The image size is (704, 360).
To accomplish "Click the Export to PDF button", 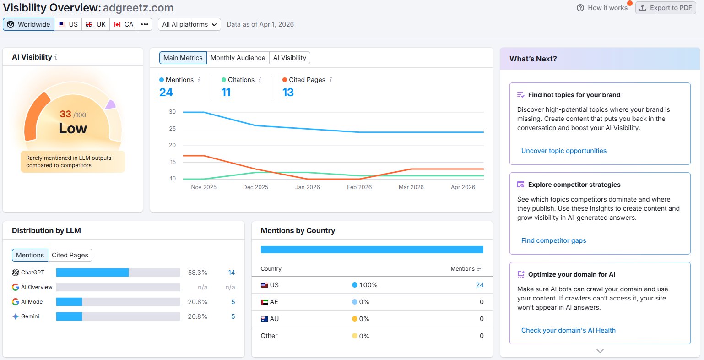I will tap(666, 8).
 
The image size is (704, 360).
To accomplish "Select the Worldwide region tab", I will tap(29, 24).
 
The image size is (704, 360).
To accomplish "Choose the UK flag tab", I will tap(96, 24).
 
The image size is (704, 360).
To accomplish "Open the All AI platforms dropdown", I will tap(189, 24).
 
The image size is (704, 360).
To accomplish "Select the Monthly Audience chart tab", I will tap(238, 58).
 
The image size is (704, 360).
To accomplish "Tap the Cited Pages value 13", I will tap(288, 93).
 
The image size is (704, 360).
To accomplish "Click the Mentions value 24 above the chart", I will tap(166, 93).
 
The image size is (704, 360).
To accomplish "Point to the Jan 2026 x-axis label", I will tap(307, 187).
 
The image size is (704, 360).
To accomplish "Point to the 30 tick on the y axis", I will tap(172, 112).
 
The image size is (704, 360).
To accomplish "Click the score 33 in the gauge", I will tap(65, 114).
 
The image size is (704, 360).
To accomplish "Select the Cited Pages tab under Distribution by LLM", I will tap(70, 255).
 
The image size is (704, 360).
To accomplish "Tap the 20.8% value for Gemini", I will tap(197, 316).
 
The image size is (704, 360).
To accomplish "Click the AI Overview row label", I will tap(37, 287).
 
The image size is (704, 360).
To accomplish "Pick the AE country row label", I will tap(274, 302).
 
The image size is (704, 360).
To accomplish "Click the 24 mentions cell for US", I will tap(479, 285).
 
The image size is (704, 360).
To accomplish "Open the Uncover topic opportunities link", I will tap(563, 151).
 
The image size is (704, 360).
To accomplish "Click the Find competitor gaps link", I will tap(553, 240).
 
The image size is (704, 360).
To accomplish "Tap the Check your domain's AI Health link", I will tap(568, 330).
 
